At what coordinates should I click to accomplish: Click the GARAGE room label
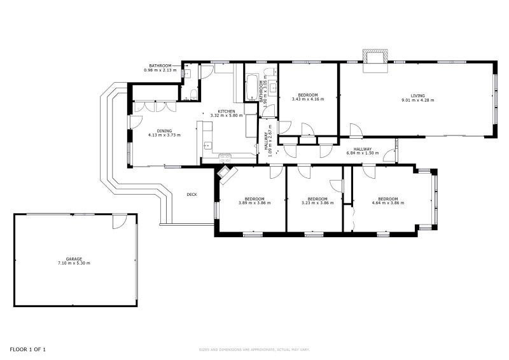[x=74, y=258]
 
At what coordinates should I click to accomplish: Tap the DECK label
[x=192, y=195]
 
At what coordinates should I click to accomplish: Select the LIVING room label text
[x=417, y=95]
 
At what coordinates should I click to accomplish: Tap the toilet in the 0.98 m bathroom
[x=193, y=95]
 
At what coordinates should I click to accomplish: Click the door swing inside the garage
[x=120, y=221]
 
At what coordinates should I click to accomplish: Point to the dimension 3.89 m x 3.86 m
[x=254, y=203]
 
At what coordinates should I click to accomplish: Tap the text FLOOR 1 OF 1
[x=27, y=349]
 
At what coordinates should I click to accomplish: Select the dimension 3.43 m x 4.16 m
[x=308, y=99]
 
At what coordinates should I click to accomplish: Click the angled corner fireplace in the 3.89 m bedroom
[x=227, y=173]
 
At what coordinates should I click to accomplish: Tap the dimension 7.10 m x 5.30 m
[x=74, y=263]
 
